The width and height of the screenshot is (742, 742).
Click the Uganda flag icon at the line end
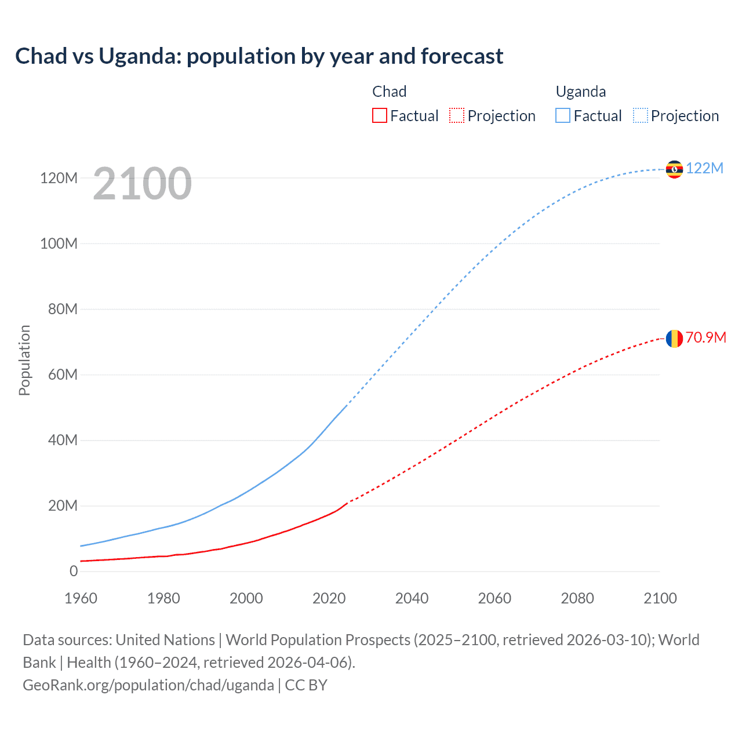coord(674,169)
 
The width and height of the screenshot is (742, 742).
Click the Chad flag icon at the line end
coord(674,339)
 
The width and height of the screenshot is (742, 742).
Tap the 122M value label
coord(704,169)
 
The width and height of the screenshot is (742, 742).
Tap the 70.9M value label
coord(705,338)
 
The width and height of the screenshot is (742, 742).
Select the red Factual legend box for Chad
coord(379,116)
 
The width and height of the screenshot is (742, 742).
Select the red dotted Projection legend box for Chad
coord(457,116)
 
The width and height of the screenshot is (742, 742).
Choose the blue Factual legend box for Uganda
coord(563,116)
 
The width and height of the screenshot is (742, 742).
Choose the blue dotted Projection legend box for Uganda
coord(641,116)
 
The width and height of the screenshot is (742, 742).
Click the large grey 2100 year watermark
coord(142,183)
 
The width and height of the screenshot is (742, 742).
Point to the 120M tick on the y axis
coord(59,178)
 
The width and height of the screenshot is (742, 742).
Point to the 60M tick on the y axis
coord(63,374)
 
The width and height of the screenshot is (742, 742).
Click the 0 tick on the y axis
coord(74,571)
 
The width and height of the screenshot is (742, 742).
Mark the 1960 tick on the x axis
coord(81,598)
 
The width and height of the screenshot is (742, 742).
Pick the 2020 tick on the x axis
coord(329,598)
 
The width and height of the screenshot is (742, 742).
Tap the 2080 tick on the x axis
coord(577,598)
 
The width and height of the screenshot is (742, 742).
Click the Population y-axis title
coord(24,360)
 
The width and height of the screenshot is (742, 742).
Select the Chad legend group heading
coord(389,92)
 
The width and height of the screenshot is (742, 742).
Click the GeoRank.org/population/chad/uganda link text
coord(148,685)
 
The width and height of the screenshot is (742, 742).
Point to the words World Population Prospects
coord(318,640)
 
